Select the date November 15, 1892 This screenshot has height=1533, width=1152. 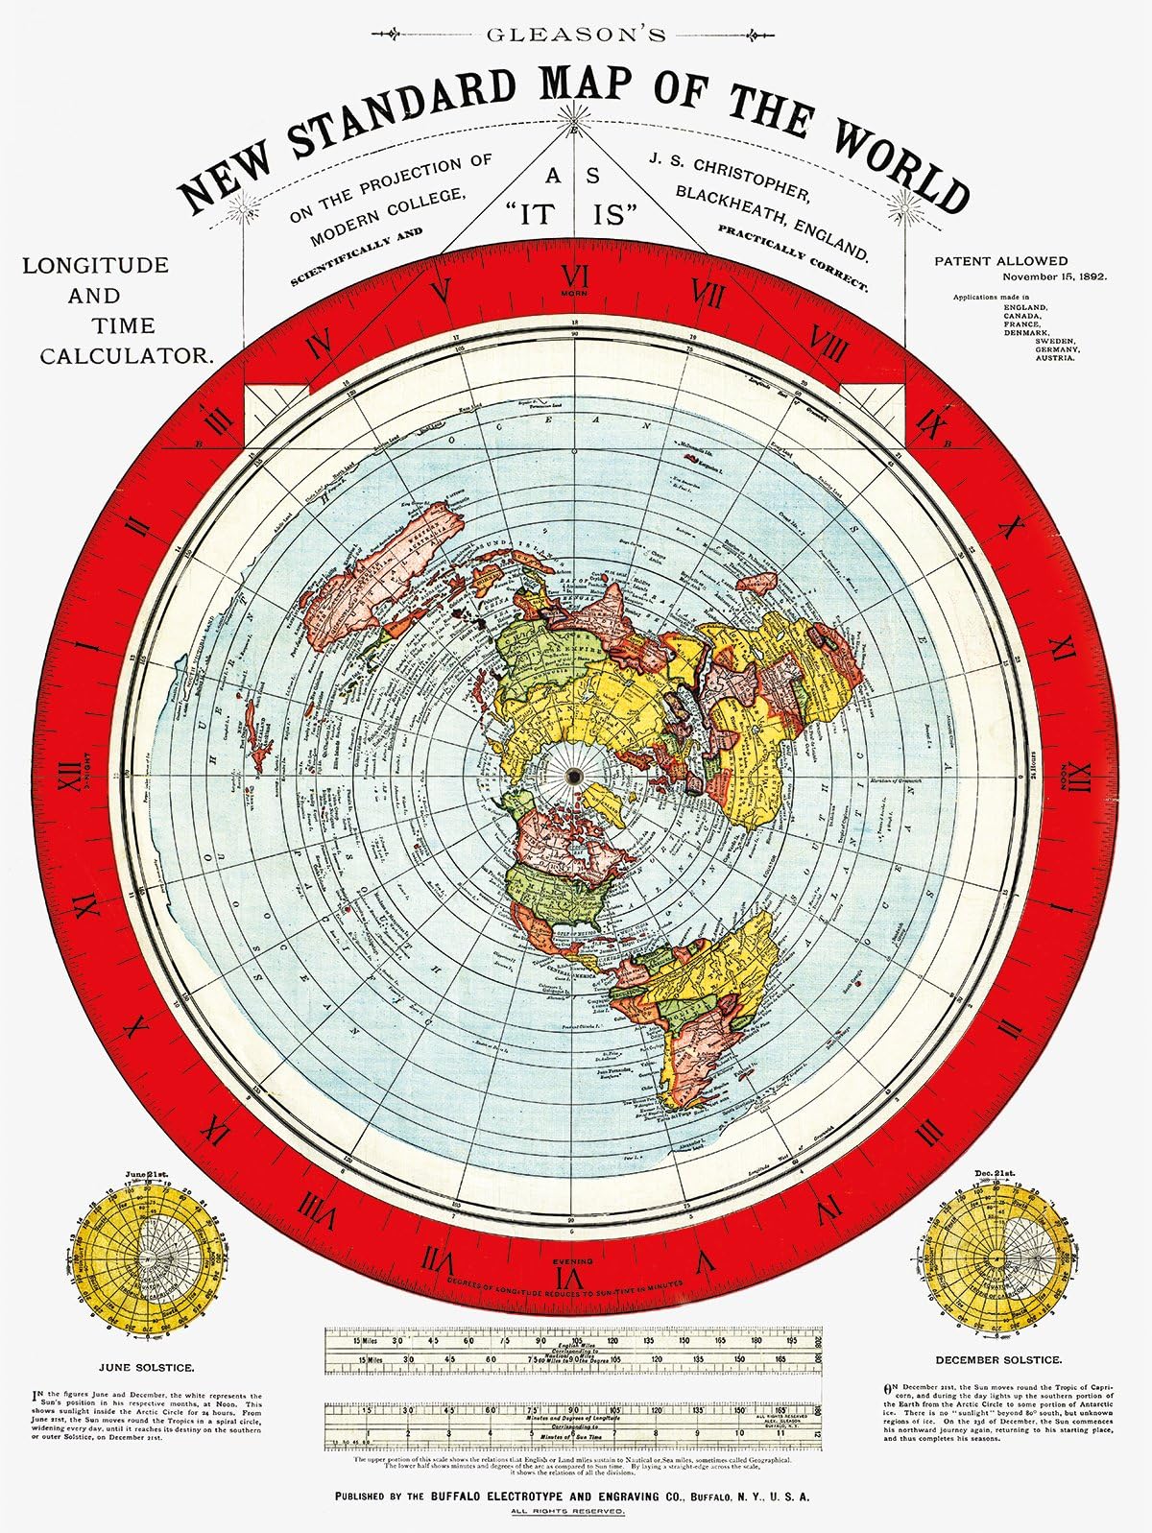1054,275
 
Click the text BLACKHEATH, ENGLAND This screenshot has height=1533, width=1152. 773,219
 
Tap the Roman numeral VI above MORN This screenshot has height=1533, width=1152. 574,278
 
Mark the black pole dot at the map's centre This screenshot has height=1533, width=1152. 574,777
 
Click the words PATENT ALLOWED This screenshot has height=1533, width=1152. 1000,260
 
